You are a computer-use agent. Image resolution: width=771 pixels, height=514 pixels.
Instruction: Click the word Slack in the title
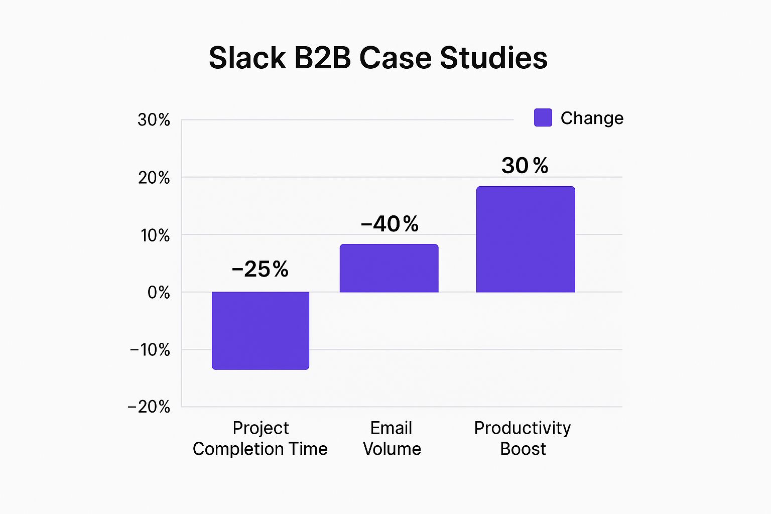247,58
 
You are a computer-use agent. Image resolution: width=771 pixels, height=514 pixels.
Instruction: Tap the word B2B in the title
322,58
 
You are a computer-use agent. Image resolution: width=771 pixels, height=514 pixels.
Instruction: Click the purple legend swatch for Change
543,117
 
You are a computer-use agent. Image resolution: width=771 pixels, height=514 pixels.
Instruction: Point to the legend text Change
592,118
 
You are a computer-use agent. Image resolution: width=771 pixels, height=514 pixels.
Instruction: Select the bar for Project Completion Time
261,330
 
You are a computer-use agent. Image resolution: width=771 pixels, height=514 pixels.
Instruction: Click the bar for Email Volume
389,268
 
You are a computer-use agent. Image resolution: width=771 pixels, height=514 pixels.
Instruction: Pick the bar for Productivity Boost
526,239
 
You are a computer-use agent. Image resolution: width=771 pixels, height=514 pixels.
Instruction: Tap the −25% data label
260,270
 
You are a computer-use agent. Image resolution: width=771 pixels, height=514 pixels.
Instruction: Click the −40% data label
390,224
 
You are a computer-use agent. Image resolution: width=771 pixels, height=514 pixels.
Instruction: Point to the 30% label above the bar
525,166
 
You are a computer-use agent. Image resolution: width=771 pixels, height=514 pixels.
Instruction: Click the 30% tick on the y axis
154,120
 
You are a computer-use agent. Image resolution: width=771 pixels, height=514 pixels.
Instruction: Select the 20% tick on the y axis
154,178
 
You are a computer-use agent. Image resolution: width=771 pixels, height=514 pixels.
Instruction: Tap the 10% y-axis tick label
155,235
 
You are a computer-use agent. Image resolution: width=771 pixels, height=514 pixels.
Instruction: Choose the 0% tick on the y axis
158,293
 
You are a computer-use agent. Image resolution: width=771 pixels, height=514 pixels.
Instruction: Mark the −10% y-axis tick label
150,350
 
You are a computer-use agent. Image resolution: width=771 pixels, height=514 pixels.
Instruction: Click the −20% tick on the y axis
149,407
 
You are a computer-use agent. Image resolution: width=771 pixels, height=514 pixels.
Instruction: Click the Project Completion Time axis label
260,438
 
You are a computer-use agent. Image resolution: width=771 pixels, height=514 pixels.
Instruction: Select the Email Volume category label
392,438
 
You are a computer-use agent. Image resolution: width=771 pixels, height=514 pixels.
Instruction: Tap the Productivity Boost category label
523,438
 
